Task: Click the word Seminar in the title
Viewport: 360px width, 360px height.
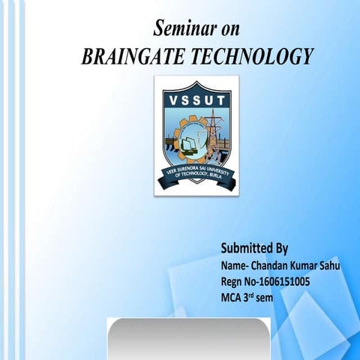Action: [181, 30]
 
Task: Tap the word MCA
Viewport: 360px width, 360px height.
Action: [233, 297]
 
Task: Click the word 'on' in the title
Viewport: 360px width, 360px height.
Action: [227, 30]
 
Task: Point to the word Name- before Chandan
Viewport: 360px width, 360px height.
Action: [237, 266]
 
